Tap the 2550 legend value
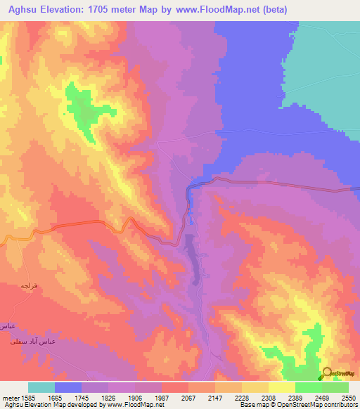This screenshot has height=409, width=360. click(349, 398)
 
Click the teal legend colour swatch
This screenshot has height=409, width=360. click(41, 387)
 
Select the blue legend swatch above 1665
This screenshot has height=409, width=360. click(68, 387)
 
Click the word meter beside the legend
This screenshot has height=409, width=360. click(11, 398)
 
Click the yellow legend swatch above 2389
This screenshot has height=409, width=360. click(282, 387)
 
